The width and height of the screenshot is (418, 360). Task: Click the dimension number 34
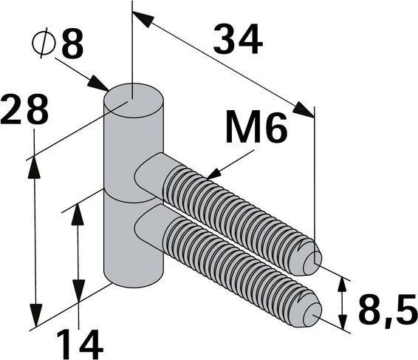tap(237, 40)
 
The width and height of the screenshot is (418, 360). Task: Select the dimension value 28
tap(24, 110)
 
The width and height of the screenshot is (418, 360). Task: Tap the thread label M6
tap(255, 130)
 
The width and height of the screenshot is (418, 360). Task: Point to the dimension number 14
tap(78, 342)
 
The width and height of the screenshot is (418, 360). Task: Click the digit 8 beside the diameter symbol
tap(72, 45)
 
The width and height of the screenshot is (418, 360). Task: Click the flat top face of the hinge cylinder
tap(133, 98)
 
